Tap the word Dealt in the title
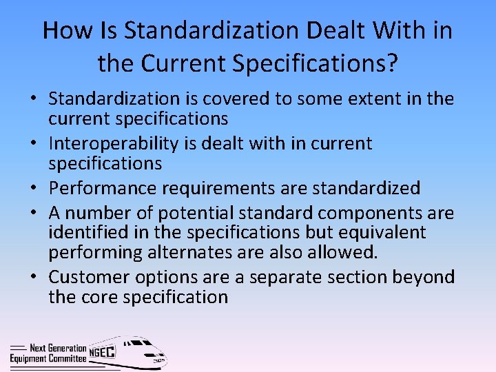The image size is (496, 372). coord(317,30)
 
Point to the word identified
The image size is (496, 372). coord(83,232)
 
